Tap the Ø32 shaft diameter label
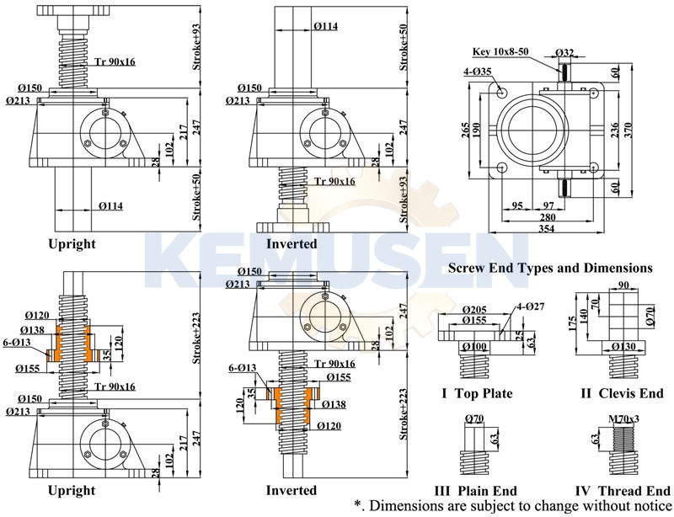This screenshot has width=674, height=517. click(566, 52)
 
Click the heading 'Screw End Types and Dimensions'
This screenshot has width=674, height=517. click(550, 268)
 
